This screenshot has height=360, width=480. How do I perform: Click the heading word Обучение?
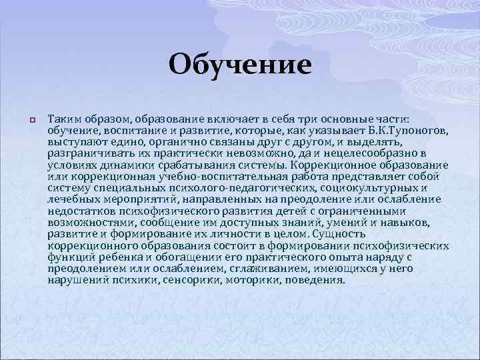coord(240,65)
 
